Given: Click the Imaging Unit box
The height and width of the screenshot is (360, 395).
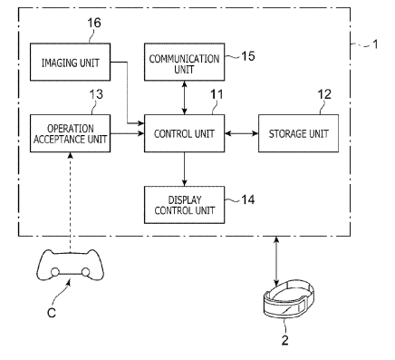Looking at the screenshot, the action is click(x=70, y=62).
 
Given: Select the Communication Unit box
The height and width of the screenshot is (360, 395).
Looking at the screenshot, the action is click(x=184, y=62).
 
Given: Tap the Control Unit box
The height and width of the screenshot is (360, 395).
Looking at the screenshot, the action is click(x=184, y=133).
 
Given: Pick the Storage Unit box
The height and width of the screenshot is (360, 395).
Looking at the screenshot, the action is click(x=298, y=133).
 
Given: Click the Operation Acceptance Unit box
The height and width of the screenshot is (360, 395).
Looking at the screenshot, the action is click(x=70, y=133).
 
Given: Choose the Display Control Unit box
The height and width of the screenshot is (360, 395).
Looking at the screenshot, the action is click(x=184, y=205).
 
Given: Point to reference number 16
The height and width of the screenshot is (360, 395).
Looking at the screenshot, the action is click(x=94, y=23).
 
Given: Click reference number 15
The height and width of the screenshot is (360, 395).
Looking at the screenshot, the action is click(x=248, y=56).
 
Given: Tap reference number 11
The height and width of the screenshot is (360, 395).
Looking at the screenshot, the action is click(x=217, y=94).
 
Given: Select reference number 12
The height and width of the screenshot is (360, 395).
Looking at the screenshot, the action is click(x=324, y=94).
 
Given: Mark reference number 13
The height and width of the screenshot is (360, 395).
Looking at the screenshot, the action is click(x=96, y=94).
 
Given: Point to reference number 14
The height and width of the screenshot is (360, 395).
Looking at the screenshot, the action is click(x=248, y=199).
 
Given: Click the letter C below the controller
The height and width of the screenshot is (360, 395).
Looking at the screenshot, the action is click(x=52, y=313).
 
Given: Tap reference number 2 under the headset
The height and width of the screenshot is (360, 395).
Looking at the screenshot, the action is click(x=284, y=340).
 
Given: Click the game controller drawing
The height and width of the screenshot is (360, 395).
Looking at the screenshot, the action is click(x=70, y=265).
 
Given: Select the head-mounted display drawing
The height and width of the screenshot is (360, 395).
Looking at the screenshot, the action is click(x=289, y=298).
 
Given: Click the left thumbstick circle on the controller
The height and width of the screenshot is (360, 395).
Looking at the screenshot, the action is click(x=54, y=272).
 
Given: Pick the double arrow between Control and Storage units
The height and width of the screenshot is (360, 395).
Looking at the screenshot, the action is click(x=241, y=133).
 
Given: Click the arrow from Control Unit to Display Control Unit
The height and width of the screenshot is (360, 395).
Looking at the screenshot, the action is click(x=184, y=170).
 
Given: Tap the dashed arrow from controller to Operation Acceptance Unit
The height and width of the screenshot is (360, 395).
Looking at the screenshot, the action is click(x=70, y=202).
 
